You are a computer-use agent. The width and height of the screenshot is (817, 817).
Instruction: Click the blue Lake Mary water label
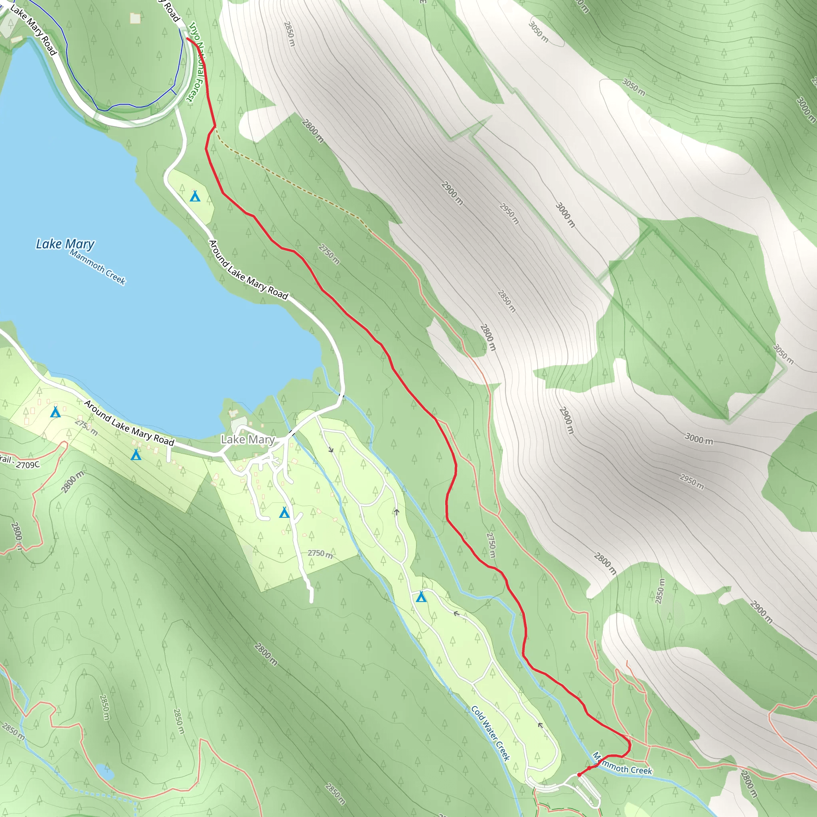(65, 244)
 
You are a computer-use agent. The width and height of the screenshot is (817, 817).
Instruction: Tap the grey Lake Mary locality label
(248, 440)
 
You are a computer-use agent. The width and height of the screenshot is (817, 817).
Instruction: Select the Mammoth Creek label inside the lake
(97, 267)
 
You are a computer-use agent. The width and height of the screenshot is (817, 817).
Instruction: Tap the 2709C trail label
(21, 463)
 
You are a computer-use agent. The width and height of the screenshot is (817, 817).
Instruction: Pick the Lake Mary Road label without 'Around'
(33, 30)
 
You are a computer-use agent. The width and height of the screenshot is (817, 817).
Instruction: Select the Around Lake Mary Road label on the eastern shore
(248, 269)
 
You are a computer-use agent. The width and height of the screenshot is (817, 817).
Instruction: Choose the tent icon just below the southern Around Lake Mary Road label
(136, 455)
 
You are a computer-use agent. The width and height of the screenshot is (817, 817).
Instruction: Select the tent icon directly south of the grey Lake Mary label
(284, 513)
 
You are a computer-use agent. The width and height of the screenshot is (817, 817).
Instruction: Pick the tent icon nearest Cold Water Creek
(421, 597)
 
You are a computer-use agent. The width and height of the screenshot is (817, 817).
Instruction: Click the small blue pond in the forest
(105, 772)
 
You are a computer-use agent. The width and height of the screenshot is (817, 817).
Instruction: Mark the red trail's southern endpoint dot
(579, 775)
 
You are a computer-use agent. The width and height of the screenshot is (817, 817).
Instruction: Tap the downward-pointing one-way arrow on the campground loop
(331, 450)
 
